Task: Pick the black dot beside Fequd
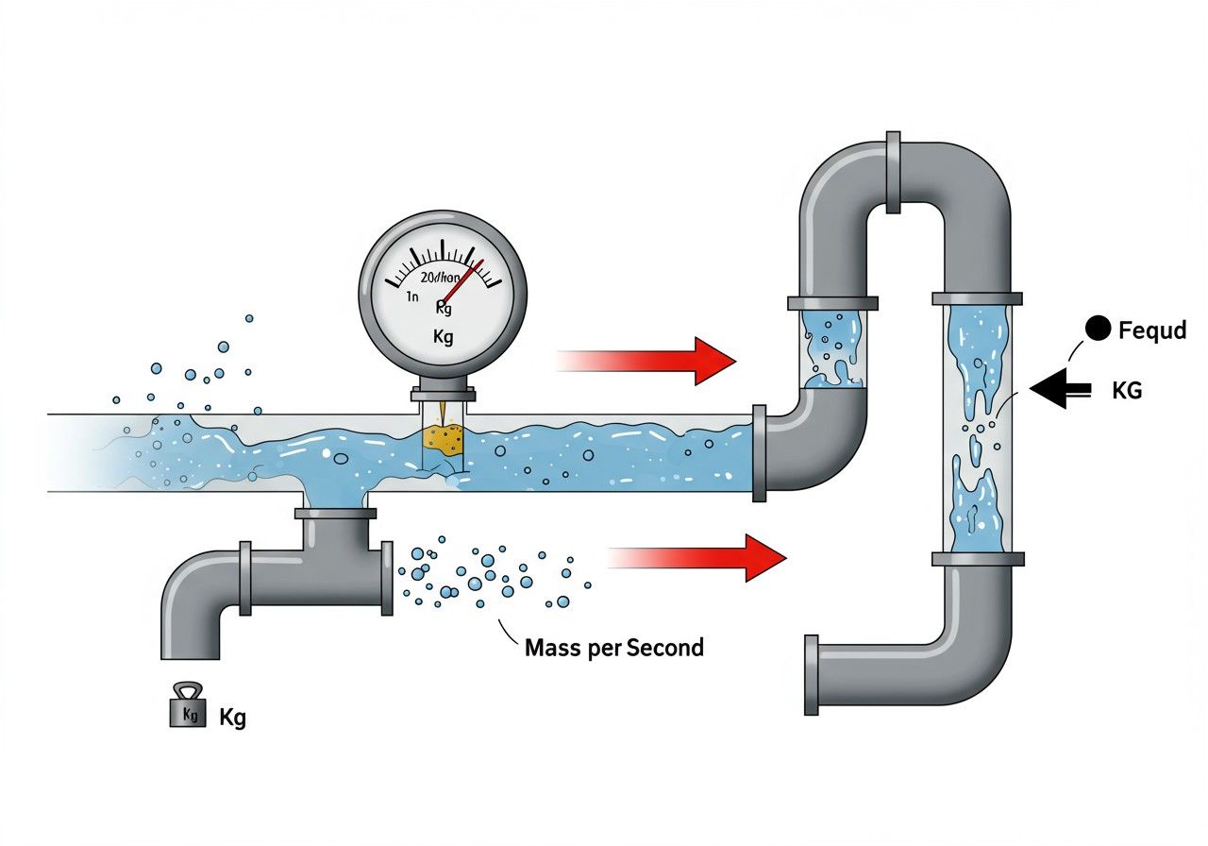(x=1098, y=329)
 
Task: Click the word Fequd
(x=1151, y=330)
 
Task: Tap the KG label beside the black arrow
(x=1127, y=389)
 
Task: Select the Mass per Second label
(x=613, y=649)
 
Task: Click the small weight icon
(x=187, y=707)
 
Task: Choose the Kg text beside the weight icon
(x=232, y=717)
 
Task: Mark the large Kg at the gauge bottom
(x=443, y=336)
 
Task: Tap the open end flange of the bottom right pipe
(x=812, y=674)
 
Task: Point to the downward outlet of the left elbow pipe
(x=192, y=642)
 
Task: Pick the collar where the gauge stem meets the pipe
(x=443, y=394)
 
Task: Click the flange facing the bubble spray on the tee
(x=387, y=578)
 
